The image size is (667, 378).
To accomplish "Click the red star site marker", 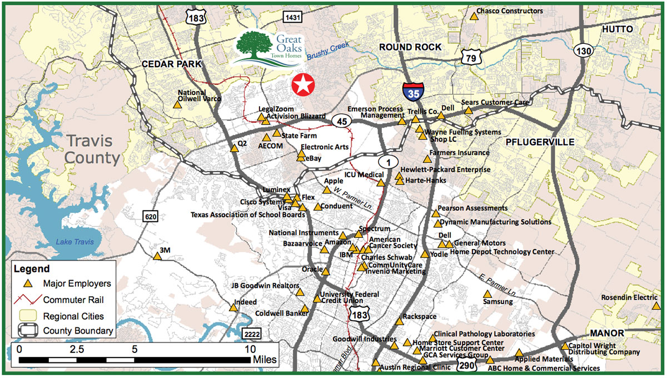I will [x=303, y=85].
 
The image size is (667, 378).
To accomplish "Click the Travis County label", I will [x=92, y=150].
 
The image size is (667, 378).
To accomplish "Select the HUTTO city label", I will [x=618, y=29].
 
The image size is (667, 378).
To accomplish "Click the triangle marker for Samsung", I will [x=487, y=294].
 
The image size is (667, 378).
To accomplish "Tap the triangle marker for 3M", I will [x=157, y=256].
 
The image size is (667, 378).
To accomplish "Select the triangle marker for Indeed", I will [x=233, y=307].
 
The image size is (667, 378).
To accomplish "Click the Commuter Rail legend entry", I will [x=73, y=300].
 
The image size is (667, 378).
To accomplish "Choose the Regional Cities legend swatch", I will [x=26, y=316].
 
